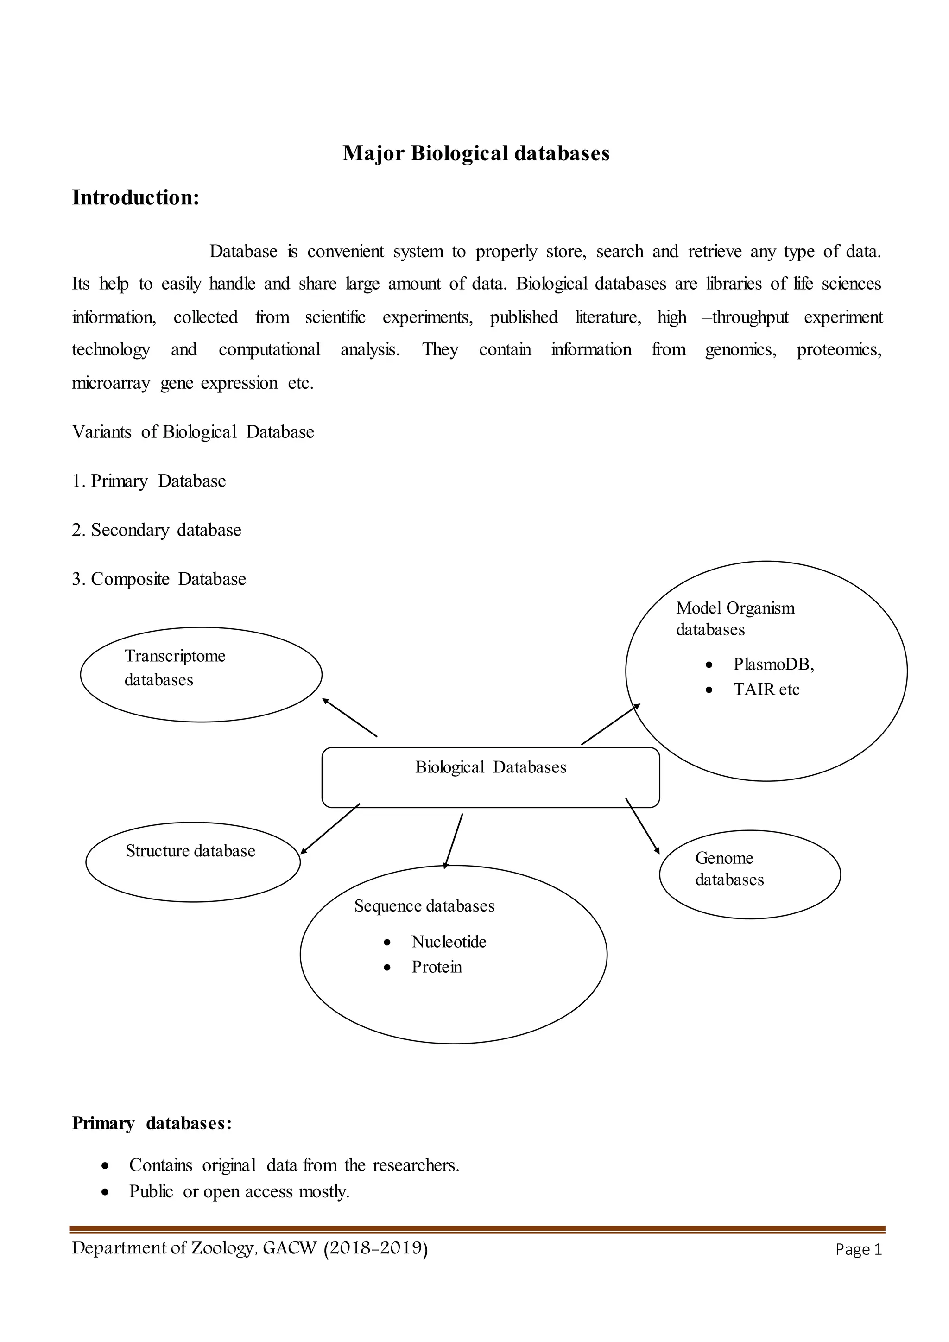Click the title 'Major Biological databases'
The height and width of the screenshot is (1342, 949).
(x=476, y=153)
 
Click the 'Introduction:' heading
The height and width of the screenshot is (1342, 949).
(x=136, y=197)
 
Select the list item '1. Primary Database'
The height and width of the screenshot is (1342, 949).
(x=149, y=481)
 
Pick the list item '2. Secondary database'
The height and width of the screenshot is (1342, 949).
(x=157, y=530)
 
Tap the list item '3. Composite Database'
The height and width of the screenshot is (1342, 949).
(x=159, y=579)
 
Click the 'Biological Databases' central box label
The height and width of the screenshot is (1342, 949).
(x=491, y=767)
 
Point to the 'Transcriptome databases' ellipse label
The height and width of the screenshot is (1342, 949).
(x=175, y=667)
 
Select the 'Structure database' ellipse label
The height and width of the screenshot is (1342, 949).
(x=190, y=851)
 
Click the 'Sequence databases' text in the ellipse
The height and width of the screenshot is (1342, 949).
(x=424, y=906)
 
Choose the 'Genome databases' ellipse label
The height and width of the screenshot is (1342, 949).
(x=729, y=868)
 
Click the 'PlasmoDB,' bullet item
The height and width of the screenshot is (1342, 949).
(x=773, y=665)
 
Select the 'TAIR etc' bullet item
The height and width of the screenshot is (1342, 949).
(x=766, y=690)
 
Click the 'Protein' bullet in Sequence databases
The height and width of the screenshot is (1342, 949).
(x=437, y=967)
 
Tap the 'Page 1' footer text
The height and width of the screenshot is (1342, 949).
(x=858, y=1250)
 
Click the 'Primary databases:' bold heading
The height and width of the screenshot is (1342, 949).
(x=152, y=1123)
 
